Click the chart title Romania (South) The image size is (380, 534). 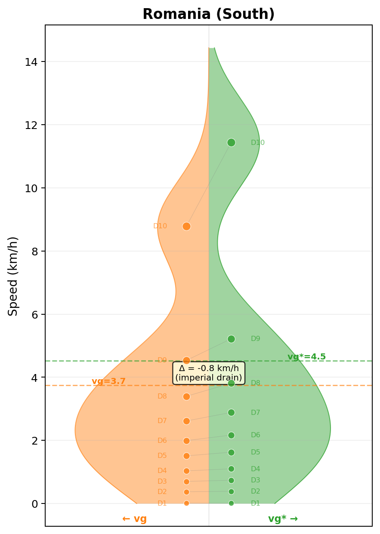pyautogui.click(x=208, y=14)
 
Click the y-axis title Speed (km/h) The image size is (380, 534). pyautogui.click(x=13, y=276)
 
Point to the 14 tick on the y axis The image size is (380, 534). pyautogui.click(x=31, y=62)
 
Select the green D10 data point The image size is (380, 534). pyautogui.click(x=231, y=142)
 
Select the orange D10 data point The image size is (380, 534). pyautogui.click(x=186, y=226)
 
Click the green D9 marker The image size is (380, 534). pyautogui.click(x=231, y=339)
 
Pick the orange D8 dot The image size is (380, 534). pyautogui.click(x=186, y=396)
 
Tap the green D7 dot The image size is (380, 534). pyautogui.click(x=231, y=412)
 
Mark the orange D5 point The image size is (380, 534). pyautogui.click(x=186, y=456)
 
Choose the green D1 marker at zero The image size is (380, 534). pyautogui.click(x=231, y=503)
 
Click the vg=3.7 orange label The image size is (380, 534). pyautogui.click(x=108, y=381)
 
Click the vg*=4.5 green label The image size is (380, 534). pyautogui.click(x=306, y=357)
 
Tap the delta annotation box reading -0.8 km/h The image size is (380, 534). pyautogui.click(x=209, y=373)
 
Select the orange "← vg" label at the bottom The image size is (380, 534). pyautogui.click(x=134, y=519)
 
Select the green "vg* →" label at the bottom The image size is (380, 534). pyautogui.click(x=283, y=519)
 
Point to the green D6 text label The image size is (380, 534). pyautogui.click(x=256, y=435)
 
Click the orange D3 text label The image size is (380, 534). pyautogui.click(x=162, y=482)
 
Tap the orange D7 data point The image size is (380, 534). pyautogui.click(x=186, y=421)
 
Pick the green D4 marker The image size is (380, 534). pyautogui.click(x=231, y=469)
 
